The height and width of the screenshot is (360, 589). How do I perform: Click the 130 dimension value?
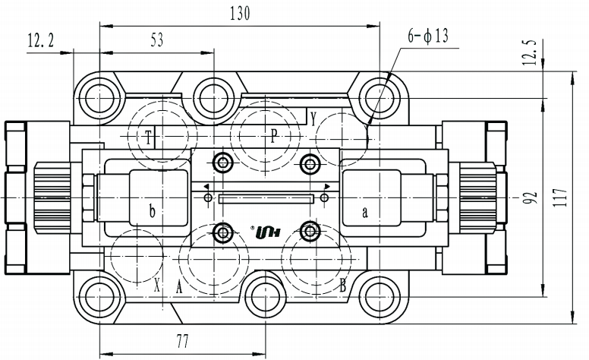tap(240, 14)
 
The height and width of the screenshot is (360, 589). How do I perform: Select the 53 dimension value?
tap(157, 39)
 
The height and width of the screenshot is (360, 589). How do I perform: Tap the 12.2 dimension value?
tap(41, 40)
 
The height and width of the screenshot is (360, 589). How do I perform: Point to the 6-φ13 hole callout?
tap(428, 36)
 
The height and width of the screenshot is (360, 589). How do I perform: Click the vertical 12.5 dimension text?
tap(530, 52)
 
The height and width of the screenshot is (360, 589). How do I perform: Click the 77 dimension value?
tap(183, 342)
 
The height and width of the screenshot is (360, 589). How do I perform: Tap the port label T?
tap(148, 137)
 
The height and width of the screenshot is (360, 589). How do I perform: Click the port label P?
tap(274, 136)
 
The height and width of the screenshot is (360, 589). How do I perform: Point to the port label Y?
tap(313, 119)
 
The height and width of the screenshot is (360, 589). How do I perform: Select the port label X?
tap(157, 287)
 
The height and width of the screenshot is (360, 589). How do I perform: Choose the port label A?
tap(179, 288)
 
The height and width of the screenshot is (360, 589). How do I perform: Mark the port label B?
tap(342, 286)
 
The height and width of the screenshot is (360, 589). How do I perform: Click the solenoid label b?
tap(152, 211)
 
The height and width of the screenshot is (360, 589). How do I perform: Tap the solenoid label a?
tap(365, 213)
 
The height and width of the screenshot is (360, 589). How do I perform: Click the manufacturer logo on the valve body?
tap(267, 232)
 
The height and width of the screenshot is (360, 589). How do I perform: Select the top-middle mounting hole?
tap(214, 98)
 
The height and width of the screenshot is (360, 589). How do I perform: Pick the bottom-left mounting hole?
tap(99, 296)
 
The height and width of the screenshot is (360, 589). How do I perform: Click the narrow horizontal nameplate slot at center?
tap(266, 198)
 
